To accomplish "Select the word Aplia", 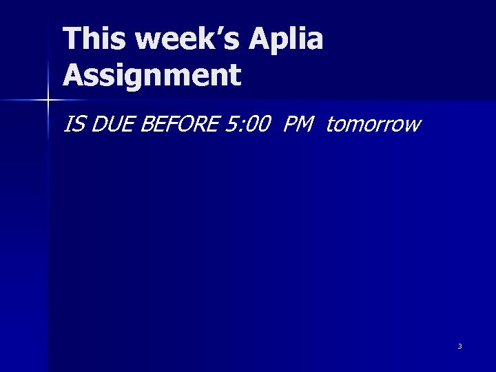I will tap(290, 41).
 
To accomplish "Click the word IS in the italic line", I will tap(72, 125).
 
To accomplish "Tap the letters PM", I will tap(298, 125).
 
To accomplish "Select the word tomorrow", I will tap(373, 125).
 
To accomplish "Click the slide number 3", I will tap(459, 346).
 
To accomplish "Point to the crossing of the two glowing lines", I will tap(48, 101).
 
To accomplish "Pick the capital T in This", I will tap(72, 39).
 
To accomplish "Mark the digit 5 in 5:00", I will tap(231, 125).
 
